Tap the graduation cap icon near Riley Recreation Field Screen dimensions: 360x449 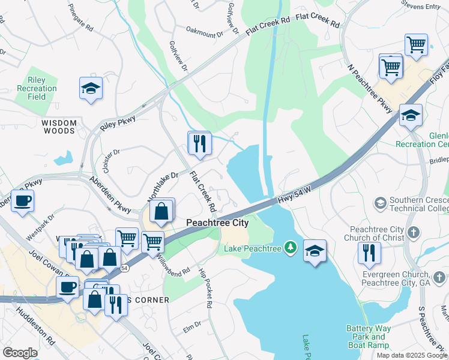pyautogui.click(x=91, y=88)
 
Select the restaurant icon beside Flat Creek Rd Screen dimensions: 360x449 pyautogui.click(x=199, y=143)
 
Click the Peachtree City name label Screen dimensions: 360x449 pyautogui.click(x=217, y=222)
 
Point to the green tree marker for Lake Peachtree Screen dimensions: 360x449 pyautogui.click(x=291, y=247)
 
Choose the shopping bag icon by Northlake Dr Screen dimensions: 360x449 pyautogui.click(x=162, y=211)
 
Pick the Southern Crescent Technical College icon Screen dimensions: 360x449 pyautogui.click(x=379, y=203)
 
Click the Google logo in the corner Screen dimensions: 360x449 pyautogui.click(x=20, y=352)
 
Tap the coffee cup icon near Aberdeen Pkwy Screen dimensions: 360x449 pyautogui.click(x=23, y=201)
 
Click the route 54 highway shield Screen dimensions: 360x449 pyautogui.click(x=124, y=268)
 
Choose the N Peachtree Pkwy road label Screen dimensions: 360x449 pyautogui.click(x=370, y=87)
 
